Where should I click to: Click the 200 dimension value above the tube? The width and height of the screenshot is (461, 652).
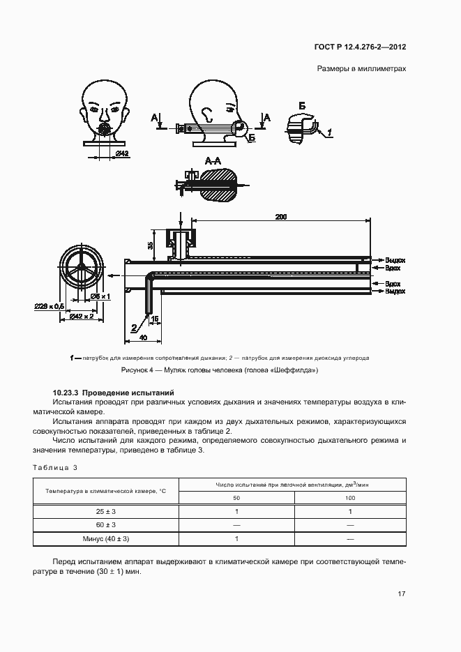click(280, 218)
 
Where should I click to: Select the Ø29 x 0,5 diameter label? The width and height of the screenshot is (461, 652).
click(50, 305)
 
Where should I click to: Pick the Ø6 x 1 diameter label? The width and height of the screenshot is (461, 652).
click(101, 296)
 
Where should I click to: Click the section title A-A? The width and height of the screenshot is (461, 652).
click(213, 161)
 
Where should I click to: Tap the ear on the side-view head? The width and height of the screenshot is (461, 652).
click(206, 112)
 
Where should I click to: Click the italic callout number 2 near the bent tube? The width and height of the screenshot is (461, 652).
click(134, 326)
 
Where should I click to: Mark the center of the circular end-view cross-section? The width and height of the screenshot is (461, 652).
click(82, 268)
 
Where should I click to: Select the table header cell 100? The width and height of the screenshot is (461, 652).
click(350, 498)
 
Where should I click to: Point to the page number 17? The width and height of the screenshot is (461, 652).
click(401, 594)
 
